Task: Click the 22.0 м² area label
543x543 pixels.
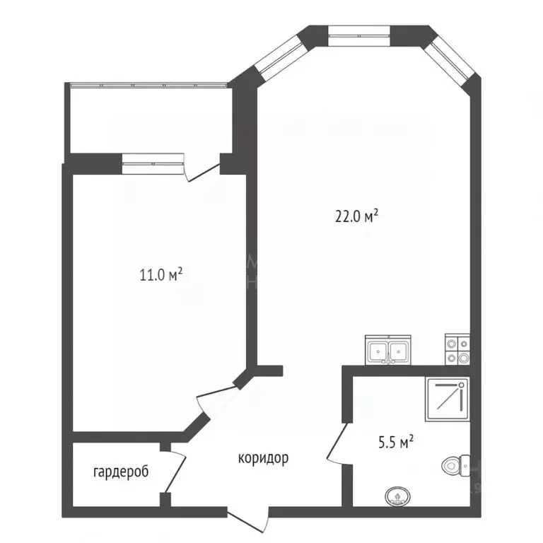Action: (x=357, y=216)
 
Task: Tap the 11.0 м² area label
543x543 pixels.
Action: (x=162, y=274)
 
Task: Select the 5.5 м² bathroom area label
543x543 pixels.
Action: (x=397, y=443)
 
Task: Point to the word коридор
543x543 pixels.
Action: (x=262, y=458)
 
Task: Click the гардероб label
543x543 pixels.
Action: (x=121, y=472)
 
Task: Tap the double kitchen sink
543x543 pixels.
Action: (x=388, y=350)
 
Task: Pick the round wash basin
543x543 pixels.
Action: (x=398, y=497)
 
